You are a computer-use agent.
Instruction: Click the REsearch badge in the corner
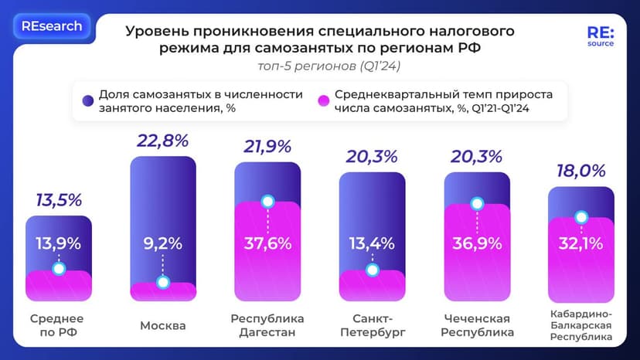52,26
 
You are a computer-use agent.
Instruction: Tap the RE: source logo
601,38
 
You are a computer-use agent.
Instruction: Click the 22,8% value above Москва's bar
163,141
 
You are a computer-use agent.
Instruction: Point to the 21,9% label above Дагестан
267,146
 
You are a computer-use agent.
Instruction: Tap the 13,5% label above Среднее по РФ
59,200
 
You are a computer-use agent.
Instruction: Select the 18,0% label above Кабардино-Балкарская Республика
580,171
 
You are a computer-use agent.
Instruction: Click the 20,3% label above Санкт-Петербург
373,156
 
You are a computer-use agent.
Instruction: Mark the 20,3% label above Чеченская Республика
477,156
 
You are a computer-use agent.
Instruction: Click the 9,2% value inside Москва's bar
163,243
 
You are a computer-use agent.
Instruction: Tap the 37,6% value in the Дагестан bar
267,243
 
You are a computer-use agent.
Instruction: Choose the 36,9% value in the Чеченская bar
477,243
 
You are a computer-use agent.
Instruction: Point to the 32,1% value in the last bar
580,243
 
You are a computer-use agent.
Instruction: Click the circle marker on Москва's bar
163,282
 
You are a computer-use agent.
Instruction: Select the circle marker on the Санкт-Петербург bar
373,270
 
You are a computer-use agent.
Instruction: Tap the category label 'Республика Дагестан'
267,325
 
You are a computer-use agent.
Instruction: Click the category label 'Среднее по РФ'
56,325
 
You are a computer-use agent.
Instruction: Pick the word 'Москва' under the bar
163,325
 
